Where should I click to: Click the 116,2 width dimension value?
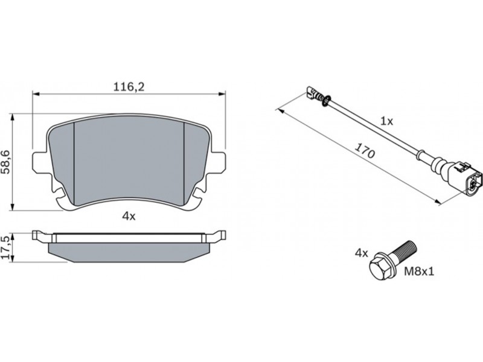click(129, 87)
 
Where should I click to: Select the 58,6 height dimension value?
click(7, 162)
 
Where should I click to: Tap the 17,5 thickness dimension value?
click(7, 249)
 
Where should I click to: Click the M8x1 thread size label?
click(419, 271)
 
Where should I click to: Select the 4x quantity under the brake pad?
click(129, 217)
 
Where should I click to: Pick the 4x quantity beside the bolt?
click(361, 253)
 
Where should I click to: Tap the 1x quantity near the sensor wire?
click(387, 121)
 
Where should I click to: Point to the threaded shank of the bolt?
click(406, 250)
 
